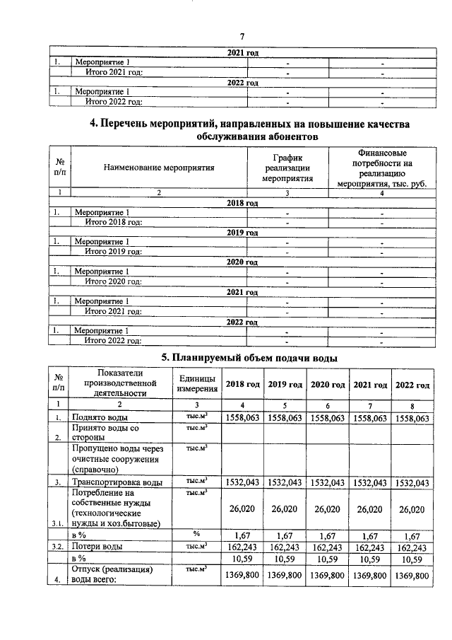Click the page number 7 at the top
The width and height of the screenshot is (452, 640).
[x=242, y=37]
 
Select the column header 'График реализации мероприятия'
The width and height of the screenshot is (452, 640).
[x=287, y=168]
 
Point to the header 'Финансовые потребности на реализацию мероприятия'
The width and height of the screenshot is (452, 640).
[x=381, y=168]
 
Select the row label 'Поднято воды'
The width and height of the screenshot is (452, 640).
[x=97, y=419]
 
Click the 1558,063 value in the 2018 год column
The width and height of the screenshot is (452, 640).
[x=244, y=419]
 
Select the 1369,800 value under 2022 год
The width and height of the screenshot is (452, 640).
[x=411, y=576]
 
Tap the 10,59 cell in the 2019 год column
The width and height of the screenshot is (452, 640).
[x=285, y=559]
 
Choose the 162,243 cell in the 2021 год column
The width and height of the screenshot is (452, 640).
[x=369, y=547]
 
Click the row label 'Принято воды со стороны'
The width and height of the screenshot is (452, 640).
[x=95, y=433]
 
